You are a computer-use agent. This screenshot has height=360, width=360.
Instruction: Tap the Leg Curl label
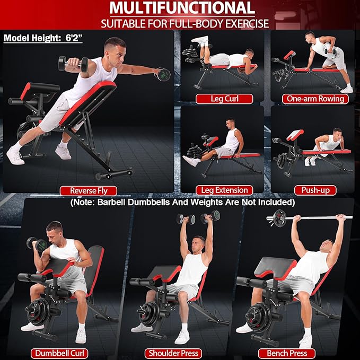tap(224, 99)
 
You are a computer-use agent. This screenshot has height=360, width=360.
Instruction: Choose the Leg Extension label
tap(224, 189)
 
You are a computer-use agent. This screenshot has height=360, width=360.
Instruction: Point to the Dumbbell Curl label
tap(58, 353)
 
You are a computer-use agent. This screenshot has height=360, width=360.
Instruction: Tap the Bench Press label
tap(287, 353)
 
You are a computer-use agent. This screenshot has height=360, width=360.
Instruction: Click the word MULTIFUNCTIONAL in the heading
tap(180, 8)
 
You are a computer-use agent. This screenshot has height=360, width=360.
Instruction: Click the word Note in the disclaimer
tap(91, 203)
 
